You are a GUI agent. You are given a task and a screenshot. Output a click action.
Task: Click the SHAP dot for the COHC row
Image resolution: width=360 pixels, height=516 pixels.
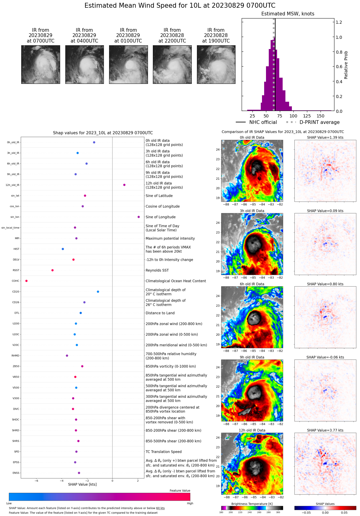[27, 281]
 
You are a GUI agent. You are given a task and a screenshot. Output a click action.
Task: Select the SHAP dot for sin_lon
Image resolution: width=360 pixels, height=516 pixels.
[139, 217]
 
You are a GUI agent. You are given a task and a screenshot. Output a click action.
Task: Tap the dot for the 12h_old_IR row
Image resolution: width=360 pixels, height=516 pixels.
[124, 185]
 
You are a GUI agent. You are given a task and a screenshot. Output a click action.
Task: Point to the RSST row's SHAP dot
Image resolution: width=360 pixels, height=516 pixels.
[52, 270]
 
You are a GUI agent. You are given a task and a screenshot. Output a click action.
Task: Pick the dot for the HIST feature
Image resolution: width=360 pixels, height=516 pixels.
[63, 249]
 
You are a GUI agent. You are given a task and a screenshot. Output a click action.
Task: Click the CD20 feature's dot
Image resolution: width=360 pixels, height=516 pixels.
[98, 292]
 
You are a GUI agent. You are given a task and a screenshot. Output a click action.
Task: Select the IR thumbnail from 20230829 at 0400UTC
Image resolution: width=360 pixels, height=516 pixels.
[84, 64]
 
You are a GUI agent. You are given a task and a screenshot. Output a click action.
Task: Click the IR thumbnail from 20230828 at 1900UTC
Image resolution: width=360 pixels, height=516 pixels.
[216, 64]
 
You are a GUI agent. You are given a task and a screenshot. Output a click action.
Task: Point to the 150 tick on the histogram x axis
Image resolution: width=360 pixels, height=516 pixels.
[321, 116]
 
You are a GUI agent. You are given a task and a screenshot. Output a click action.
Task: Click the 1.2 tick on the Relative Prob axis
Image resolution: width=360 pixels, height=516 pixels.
[339, 22]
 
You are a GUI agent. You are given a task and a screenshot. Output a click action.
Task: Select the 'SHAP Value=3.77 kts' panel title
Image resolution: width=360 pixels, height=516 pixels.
[325, 430]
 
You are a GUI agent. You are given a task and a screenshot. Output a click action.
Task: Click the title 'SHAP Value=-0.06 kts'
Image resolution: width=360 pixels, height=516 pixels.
[325, 357]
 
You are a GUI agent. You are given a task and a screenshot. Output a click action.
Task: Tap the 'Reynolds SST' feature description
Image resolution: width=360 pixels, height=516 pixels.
[157, 270]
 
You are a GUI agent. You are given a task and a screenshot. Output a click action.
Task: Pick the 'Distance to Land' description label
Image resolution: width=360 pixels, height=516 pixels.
[160, 313]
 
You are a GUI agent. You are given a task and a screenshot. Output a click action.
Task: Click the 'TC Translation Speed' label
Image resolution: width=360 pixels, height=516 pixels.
[163, 452]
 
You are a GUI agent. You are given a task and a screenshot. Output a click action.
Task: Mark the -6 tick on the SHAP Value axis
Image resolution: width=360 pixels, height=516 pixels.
[36, 481]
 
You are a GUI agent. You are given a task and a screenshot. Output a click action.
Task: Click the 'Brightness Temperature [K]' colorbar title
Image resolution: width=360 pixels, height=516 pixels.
[252, 504]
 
